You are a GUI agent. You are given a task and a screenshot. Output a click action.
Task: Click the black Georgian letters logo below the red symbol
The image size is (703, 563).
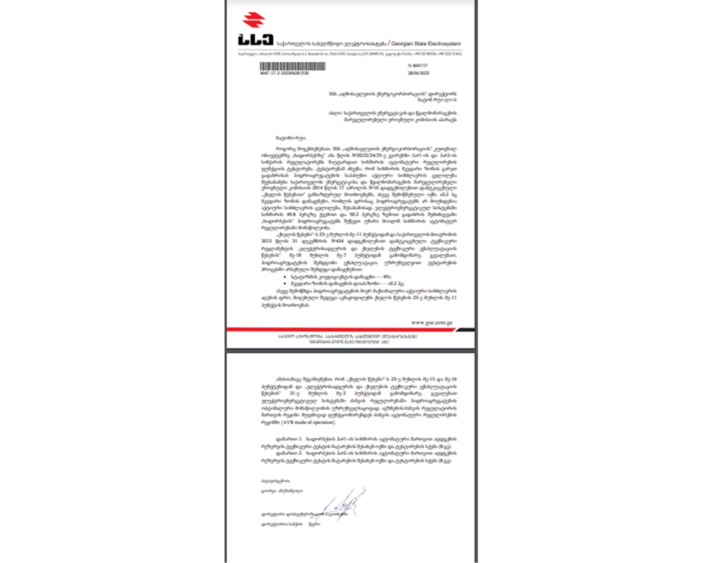pos(256,40)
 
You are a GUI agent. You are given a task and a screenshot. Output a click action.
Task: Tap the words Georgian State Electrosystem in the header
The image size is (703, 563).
pos(426,44)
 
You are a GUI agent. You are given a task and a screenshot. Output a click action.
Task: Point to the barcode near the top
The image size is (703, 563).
pos(292,66)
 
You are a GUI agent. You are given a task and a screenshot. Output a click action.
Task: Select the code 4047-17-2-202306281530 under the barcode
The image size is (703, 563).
pos(284,73)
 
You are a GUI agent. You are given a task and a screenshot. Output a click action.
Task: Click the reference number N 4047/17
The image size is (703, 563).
pos(417,65)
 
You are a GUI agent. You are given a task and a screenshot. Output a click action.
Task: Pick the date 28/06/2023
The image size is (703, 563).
pos(418,73)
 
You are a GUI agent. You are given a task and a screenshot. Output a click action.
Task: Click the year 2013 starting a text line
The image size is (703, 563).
pos(266,241)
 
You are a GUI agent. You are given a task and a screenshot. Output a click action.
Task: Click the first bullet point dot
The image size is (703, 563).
pos(285,277)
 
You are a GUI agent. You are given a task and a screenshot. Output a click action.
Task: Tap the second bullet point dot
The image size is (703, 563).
pos(285,283)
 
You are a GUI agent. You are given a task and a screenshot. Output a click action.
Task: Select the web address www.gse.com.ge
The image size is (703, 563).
pos(431,323)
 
